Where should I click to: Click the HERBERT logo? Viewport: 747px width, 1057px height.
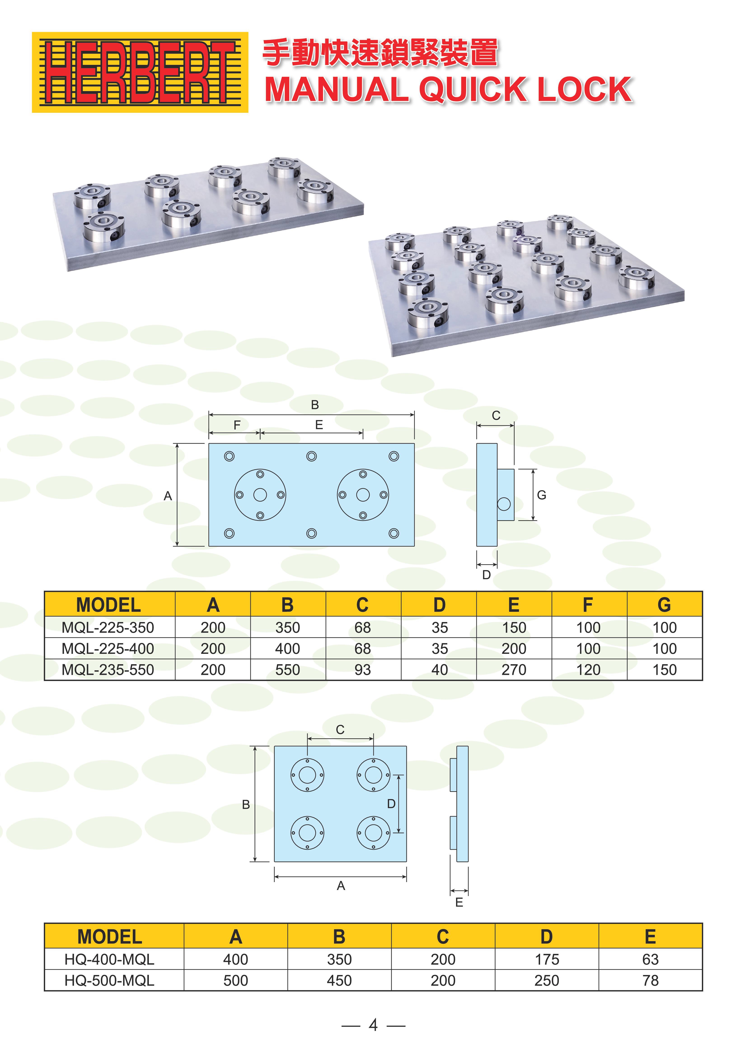tap(140, 72)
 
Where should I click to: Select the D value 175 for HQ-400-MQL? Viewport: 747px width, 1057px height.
tap(547, 959)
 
